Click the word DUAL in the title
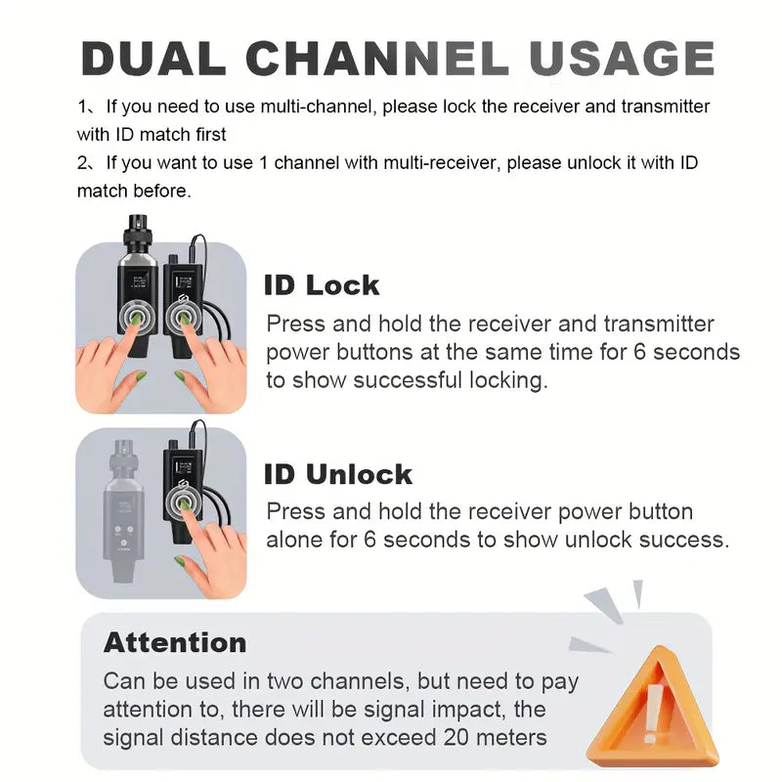click(x=153, y=58)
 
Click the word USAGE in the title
click(x=622, y=58)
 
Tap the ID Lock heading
click(x=322, y=285)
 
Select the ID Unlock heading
click(x=338, y=474)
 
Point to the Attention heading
click(x=175, y=642)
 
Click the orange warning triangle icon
click(x=653, y=708)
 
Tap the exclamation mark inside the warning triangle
click(x=652, y=714)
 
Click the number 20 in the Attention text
click(x=456, y=737)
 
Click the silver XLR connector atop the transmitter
click(x=138, y=230)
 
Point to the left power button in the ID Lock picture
click(x=137, y=316)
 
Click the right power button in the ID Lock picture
click(x=183, y=316)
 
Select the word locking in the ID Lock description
click(x=508, y=380)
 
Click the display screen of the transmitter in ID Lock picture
click(x=140, y=281)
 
